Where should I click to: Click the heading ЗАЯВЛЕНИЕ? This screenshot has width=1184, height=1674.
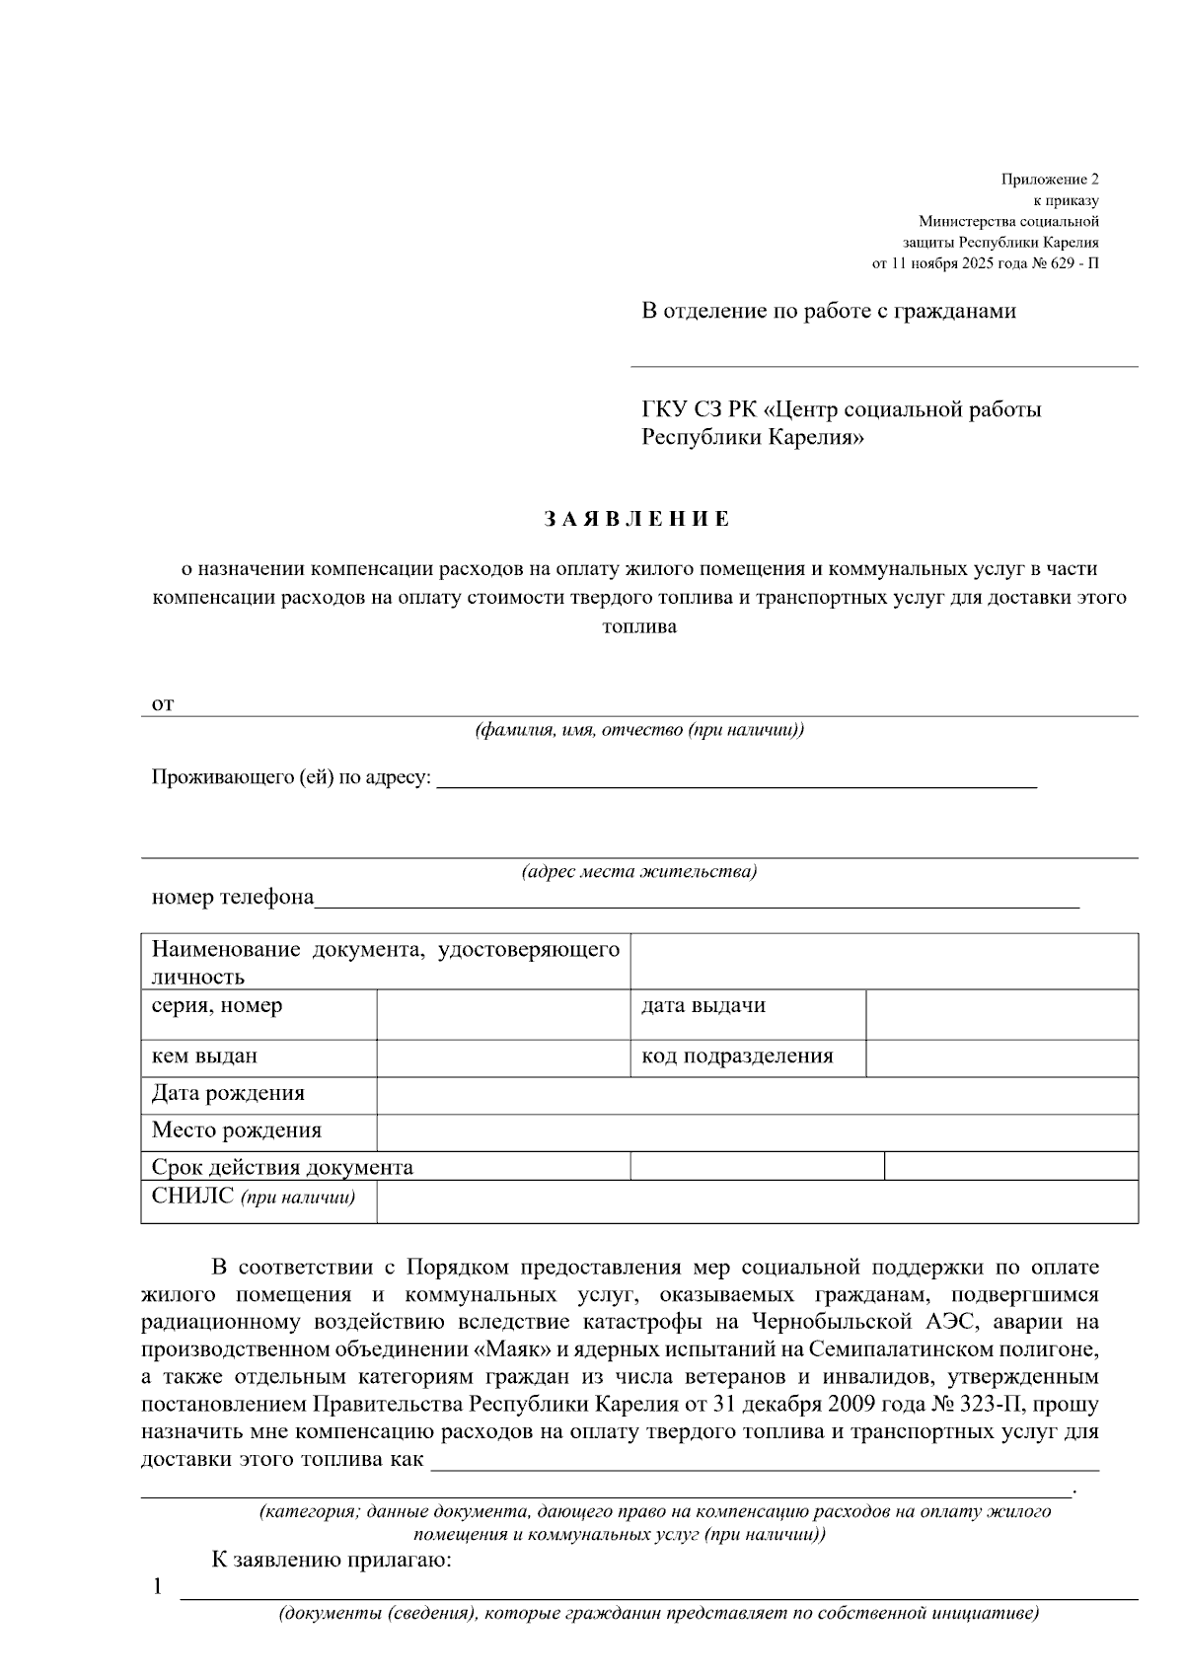coord(637,519)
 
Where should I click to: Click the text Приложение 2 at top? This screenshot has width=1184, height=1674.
coord(1049,180)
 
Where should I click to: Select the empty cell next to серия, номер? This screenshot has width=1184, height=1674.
coord(503,1014)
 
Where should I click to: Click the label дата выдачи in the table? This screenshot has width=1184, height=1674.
coord(703,1006)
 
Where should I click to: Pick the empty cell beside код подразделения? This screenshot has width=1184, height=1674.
coord(1001,1056)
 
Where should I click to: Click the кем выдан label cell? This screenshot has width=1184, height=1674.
coord(204,1056)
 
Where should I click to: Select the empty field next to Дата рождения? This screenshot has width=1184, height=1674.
coord(757,1095)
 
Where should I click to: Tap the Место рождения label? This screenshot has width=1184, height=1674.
coord(237,1130)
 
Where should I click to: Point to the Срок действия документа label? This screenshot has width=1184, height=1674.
coord(282,1168)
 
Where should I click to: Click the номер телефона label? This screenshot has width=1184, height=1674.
coord(233,898)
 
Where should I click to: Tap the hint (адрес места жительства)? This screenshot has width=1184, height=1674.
coord(638,872)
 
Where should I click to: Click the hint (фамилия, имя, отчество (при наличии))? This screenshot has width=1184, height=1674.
coord(639,731)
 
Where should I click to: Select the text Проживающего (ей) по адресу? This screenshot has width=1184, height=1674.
coord(292,777)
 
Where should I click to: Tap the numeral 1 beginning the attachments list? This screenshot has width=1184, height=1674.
coord(156,1586)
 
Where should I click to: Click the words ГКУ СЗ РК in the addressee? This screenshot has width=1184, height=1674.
coord(699,408)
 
